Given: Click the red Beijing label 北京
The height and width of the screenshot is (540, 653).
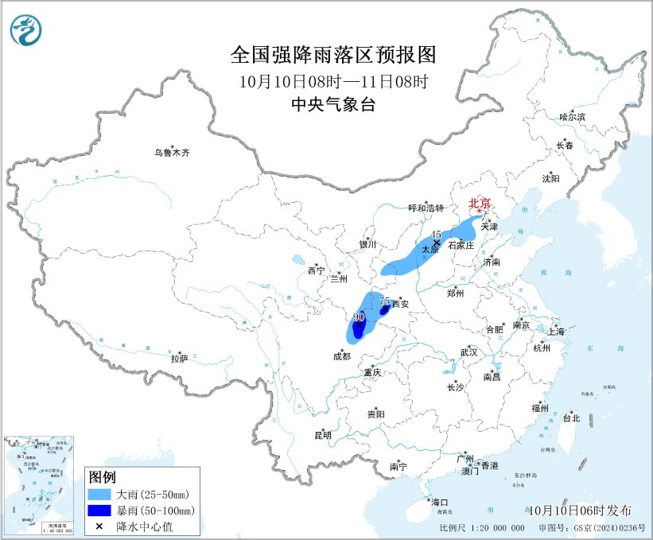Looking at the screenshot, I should tap(479, 203).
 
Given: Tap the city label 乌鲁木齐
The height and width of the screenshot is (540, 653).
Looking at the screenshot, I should tap(173, 152).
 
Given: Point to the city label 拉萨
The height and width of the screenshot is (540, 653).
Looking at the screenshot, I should tap(179, 359).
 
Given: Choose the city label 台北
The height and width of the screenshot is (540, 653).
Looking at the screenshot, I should tap(571, 418).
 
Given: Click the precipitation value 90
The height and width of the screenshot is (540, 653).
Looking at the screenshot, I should tap(359, 317).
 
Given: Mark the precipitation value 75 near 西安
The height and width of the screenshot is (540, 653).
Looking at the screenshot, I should tap(384, 301).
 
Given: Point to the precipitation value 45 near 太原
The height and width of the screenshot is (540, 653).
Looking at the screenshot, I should tap(435, 235).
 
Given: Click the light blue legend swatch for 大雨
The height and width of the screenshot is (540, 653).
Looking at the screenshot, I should tap(99, 495).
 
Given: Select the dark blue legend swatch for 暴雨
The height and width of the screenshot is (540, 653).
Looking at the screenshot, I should tap(99, 511).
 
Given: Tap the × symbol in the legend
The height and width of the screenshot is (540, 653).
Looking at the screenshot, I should tap(99, 526).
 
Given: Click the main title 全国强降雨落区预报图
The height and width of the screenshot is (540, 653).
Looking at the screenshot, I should tap(333, 54).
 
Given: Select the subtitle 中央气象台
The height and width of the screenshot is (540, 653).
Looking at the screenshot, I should tap(333, 104).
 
